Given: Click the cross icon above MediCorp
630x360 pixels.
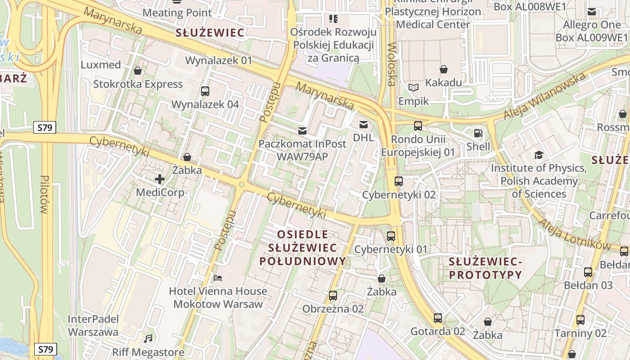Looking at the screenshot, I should point(160,179).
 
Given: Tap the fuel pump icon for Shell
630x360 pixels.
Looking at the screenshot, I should point(477,133).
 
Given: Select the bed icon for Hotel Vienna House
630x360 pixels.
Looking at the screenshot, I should point(218,278).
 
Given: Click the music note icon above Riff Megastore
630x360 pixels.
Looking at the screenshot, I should point(148,338).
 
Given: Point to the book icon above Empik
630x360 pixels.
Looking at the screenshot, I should point(413,88).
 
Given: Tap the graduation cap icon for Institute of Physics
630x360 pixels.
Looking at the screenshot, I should point(539,155).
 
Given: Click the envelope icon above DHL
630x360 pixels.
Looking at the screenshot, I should point(363,125).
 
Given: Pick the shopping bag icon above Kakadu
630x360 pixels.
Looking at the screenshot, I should point(444,69).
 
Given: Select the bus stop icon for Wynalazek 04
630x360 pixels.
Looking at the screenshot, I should point(205,91).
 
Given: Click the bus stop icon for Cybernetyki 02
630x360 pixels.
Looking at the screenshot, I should point(399,181).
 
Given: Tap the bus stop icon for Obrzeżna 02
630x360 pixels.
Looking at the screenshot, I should point(333,296).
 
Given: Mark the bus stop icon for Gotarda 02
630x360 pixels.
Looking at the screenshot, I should point(438,318).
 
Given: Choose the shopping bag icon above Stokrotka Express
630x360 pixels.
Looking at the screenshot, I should point(138,71).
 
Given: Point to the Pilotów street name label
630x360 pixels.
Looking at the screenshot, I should point(44,194).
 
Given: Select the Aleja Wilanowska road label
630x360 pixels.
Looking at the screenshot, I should point(544,96).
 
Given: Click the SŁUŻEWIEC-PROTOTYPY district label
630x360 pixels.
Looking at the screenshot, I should point(486,268).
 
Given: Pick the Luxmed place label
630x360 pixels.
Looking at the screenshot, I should point(101,65).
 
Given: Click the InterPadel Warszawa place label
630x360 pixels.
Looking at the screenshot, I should point(93,326).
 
